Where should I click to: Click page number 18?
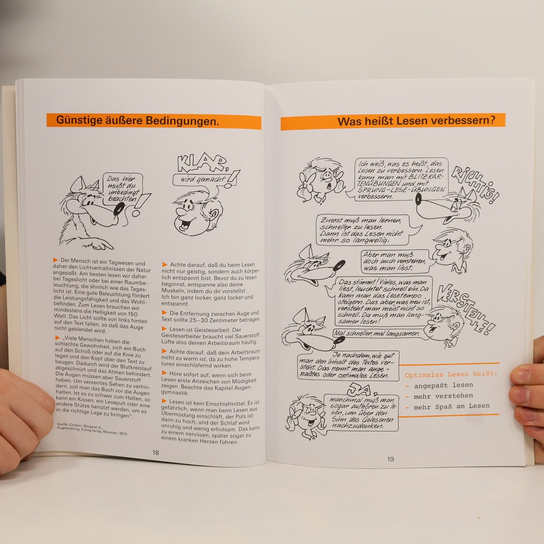[156, 452]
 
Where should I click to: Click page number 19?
[390, 459]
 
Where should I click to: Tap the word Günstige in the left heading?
[79, 120]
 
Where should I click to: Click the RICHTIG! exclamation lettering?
[475, 184]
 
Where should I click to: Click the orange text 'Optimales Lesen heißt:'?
[451, 374]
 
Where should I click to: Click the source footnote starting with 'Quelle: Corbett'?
[92, 428]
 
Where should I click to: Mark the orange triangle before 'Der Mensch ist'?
[55, 260]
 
